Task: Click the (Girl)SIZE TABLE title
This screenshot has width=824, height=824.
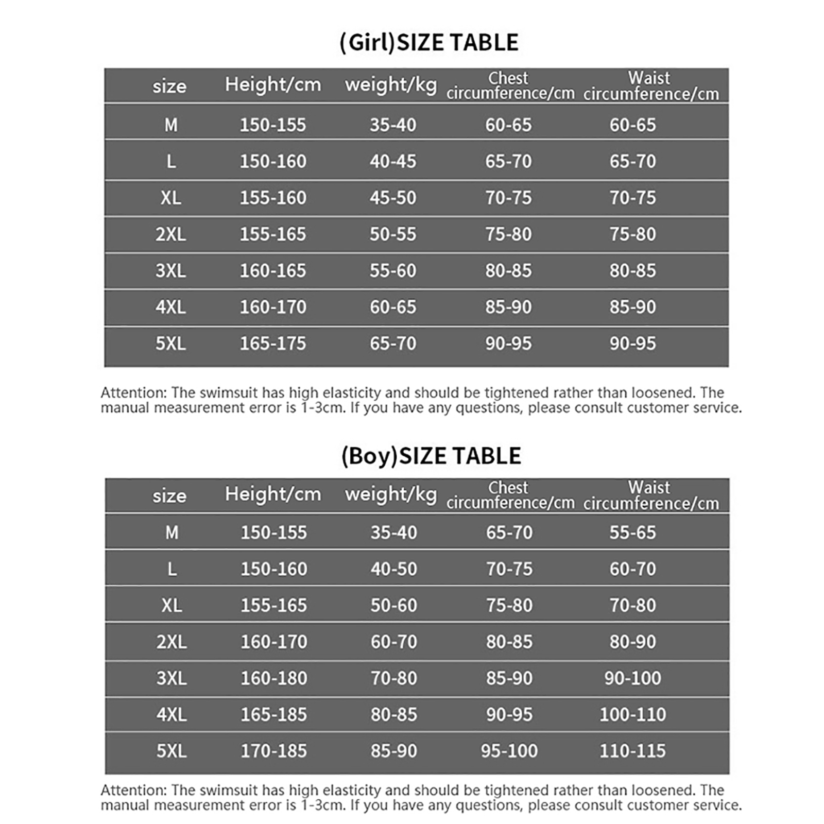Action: [428, 42]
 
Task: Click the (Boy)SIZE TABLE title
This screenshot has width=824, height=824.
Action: [431, 456]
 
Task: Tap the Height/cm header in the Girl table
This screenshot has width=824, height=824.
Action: [273, 84]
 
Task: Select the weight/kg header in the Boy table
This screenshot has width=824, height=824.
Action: [391, 494]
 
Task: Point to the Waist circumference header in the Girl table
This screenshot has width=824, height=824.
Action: [650, 86]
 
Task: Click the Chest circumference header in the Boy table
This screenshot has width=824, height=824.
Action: [510, 495]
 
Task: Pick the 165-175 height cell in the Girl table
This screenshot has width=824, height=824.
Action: [273, 344]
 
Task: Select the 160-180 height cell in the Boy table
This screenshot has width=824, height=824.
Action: [274, 678]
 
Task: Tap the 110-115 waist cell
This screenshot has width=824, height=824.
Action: [632, 751]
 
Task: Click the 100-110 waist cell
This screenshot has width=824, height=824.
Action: [632, 714]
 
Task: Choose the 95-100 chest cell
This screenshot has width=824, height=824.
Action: [509, 751]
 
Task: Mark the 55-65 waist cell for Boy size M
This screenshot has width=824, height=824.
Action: [632, 533]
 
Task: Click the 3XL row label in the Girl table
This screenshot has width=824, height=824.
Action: [170, 271]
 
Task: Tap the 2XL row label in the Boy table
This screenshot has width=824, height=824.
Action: [171, 642]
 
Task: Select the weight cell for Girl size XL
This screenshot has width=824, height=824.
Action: [392, 198]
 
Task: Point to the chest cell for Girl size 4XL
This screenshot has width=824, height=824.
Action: [508, 307]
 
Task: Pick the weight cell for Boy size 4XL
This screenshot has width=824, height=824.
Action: [393, 714]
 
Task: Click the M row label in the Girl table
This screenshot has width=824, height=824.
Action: [170, 125]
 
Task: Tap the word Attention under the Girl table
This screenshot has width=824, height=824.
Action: [133, 393]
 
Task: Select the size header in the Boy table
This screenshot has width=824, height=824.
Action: [169, 496]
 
